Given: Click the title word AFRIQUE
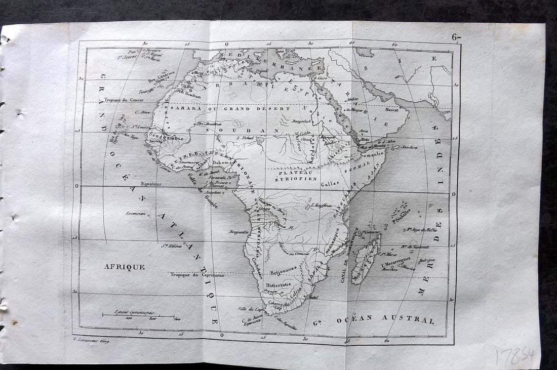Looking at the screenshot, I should click(x=125, y=267).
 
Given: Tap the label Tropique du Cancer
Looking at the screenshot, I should click(x=124, y=100).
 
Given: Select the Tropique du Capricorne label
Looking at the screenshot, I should click(x=197, y=275).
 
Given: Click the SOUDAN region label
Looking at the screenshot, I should click(x=243, y=130).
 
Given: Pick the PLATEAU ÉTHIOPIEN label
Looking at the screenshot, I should click(x=296, y=175).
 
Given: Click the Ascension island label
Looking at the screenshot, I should click(x=135, y=213).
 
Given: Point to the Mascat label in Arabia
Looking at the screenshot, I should click(x=392, y=109).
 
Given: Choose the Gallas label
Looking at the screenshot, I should click(x=329, y=184).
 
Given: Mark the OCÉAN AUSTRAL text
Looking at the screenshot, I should click(x=385, y=319).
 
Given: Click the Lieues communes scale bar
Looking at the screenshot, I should click(x=138, y=315).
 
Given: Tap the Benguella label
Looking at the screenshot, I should click(x=238, y=232).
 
